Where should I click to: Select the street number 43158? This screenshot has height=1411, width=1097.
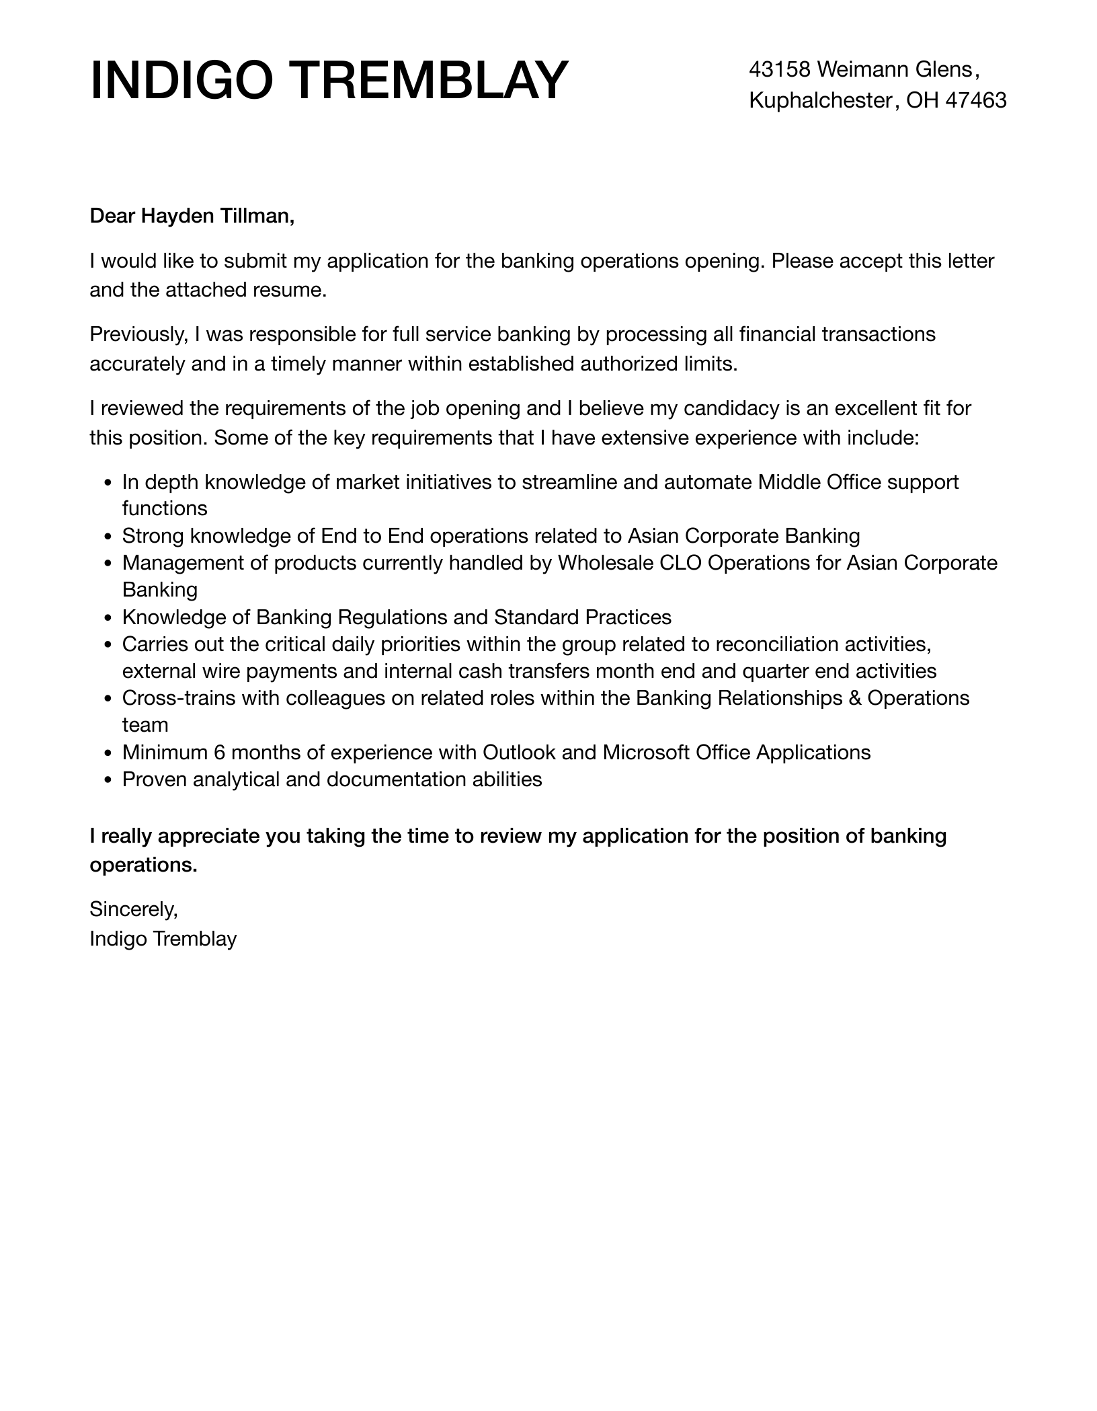[x=780, y=69]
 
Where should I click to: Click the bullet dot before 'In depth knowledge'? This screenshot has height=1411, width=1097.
[x=110, y=483]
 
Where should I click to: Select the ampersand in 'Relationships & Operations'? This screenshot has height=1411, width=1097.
[x=855, y=698]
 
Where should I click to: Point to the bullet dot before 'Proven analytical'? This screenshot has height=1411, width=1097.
[x=110, y=780]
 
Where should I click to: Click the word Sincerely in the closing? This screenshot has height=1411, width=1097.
[x=133, y=909]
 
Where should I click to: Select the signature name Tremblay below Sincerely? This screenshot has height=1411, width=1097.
[x=195, y=938]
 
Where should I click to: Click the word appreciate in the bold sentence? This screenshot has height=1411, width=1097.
[x=208, y=836]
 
